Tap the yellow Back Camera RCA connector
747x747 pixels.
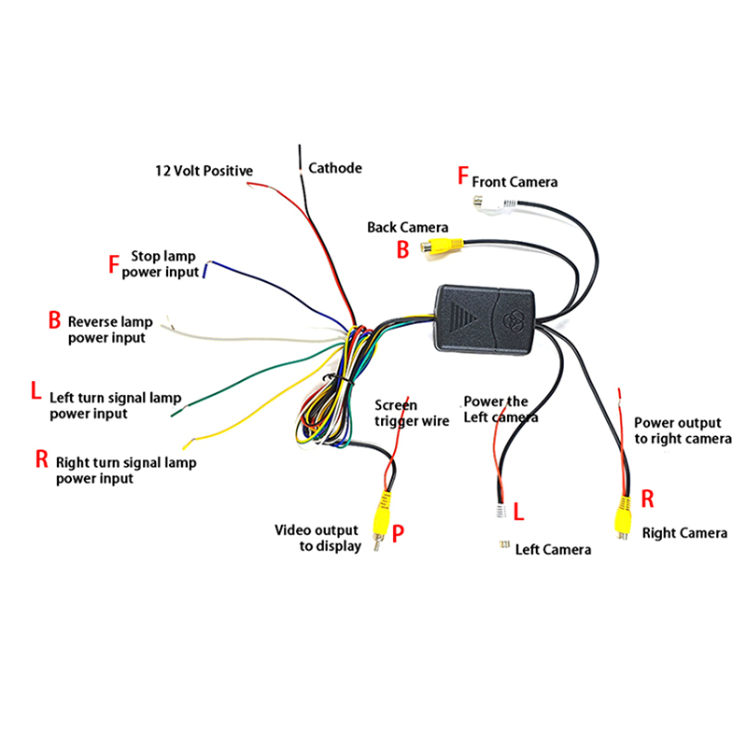pyautogui.click(x=440, y=248)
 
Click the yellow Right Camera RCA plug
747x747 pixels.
pyautogui.click(x=621, y=515)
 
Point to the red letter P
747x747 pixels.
pyautogui.click(x=399, y=533)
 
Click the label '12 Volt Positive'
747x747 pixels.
pyautogui.click(x=204, y=171)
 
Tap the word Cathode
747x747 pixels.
pyautogui.click(x=335, y=168)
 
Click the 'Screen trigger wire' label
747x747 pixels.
pyautogui.click(x=411, y=413)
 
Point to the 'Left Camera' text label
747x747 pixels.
pyautogui.click(x=553, y=549)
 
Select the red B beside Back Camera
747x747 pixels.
pyautogui.click(x=403, y=249)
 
